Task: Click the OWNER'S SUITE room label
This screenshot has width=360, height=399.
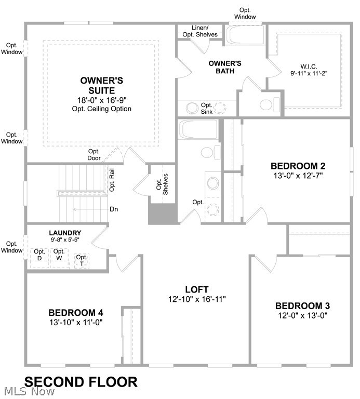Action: click(x=101, y=86)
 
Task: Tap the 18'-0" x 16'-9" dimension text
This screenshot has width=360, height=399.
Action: click(x=101, y=99)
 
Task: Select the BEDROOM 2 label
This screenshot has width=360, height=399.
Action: click(x=298, y=166)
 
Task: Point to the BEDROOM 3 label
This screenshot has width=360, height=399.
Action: click(x=302, y=305)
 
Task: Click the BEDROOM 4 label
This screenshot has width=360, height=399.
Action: click(x=76, y=313)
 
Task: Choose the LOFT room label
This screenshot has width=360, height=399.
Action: click(x=197, y=289)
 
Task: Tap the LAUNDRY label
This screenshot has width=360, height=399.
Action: click(x=65, y=233)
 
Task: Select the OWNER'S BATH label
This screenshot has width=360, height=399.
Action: click(x=225, y=67)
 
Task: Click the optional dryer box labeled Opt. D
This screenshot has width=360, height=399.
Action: click(x=39, y=256)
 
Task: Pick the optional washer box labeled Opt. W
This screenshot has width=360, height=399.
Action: click(x=59, y=256)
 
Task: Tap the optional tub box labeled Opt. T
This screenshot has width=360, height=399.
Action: click(x=82, y=260)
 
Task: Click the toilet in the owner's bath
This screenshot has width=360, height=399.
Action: click(x=266, y=105)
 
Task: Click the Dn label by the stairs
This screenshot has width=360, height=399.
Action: click(x=114, y=209)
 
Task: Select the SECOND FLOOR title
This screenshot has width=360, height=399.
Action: click(x=81, y=382)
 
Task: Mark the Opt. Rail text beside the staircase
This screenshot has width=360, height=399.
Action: click(x=111, y=180)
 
